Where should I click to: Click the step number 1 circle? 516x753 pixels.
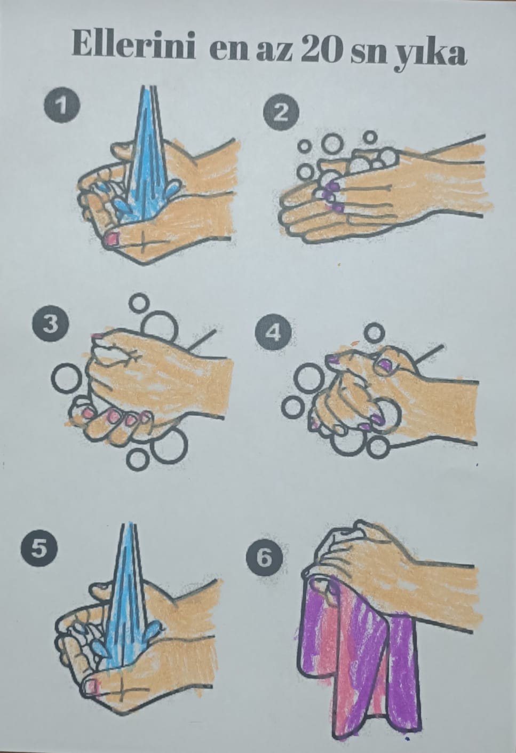(x=62, y=105)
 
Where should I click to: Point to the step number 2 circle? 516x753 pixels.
(x=281, y=113)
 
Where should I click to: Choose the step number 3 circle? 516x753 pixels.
(x=50, y=326)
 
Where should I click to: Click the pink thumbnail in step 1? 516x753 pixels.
(x=112, y=239)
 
